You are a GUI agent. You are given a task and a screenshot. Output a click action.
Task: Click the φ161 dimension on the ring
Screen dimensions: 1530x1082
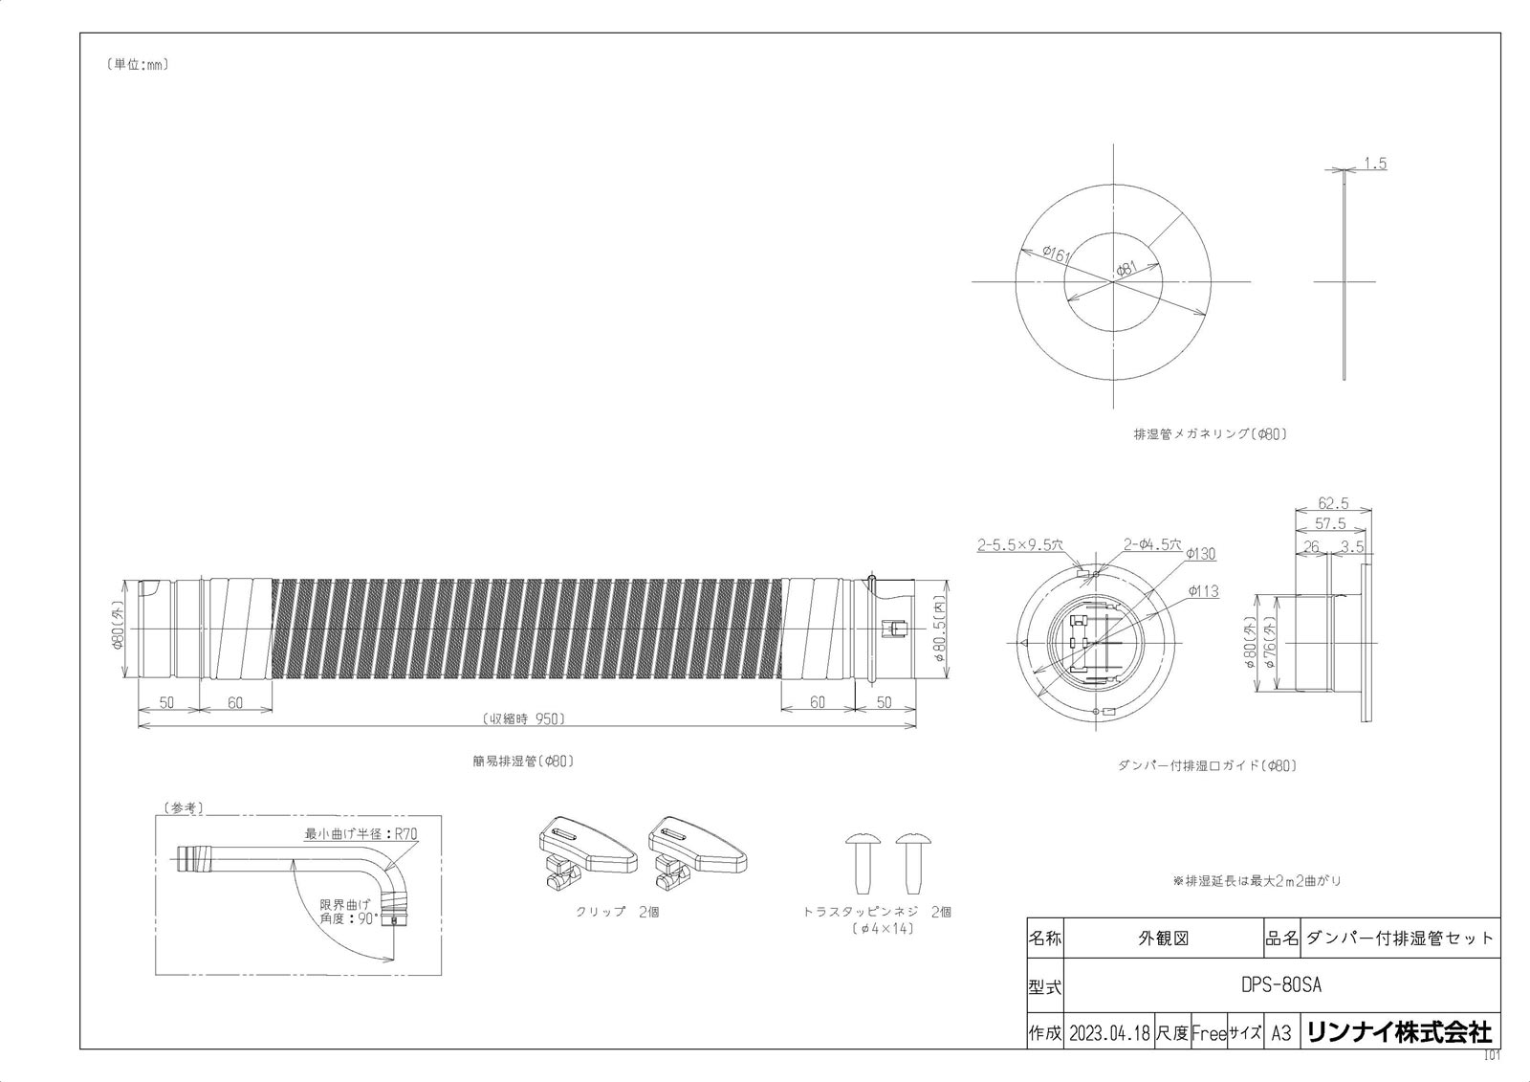(x=1056, y=254)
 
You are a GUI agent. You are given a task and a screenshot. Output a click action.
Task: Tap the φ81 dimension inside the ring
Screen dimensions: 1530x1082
(x=1126, y=269)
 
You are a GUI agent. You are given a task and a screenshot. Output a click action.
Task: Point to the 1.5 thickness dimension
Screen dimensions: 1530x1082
(x=1375, y=164)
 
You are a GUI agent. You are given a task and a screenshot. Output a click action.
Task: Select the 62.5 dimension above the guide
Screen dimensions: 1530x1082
(x=1333, y=503)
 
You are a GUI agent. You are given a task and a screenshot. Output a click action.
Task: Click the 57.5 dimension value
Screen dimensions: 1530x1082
(x=1330, y=523)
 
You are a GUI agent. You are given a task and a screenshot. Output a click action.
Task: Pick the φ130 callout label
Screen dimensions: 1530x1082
(x=1201, y=554)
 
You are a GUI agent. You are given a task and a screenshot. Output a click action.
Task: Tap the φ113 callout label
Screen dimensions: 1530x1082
(x=1204, y=591)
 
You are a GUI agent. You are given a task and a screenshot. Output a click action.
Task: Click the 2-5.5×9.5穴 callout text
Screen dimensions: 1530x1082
(x=1019, y=545)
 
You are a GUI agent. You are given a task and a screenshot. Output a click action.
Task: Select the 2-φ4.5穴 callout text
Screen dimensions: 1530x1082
(x=1152, y=544)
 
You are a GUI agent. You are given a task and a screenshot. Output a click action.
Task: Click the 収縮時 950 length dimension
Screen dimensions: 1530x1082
(x=524, y=718)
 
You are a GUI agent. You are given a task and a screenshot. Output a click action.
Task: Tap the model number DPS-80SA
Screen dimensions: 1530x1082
(x=1281, y=985)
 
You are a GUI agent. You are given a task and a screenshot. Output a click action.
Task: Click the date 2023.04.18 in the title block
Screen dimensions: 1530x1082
(x=1109, y=1033)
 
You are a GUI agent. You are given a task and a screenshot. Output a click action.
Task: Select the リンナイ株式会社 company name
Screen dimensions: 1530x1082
(x=1400, y=1032)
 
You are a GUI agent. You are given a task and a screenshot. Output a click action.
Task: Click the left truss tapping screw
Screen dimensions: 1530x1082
(x=863, y=863)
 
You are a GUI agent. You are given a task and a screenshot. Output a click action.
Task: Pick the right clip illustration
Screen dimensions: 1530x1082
(x=697, y=852)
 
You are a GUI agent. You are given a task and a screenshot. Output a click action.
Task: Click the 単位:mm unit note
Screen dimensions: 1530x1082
(x=138, y=65)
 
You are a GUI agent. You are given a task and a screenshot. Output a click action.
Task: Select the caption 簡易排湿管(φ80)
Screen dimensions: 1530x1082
(x=523, y=761)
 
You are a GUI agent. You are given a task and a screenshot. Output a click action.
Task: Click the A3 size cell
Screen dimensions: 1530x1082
(x=1281, y=1033)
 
